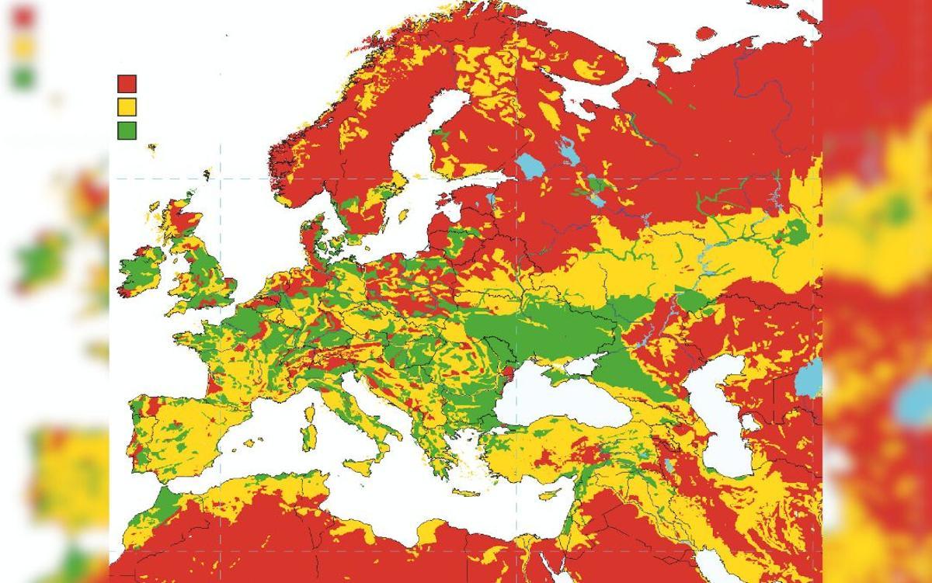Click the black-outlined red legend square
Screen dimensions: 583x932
tap(127, 84)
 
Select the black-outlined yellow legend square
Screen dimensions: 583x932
tap(127, 106)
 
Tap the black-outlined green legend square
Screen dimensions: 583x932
tap(127, 130)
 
